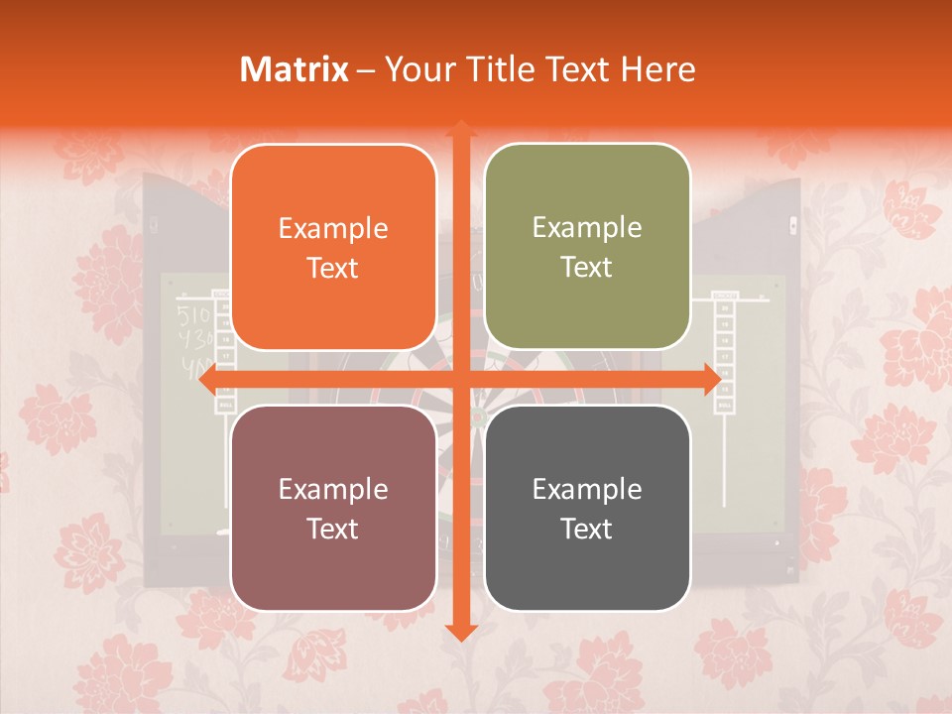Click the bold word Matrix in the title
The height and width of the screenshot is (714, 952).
click(x=295, y=69)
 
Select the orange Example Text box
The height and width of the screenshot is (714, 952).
click(x=333, y=247)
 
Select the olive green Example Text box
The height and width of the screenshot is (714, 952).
click(x=587, y=247)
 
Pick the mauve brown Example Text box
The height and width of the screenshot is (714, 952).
click(x=333, y=508)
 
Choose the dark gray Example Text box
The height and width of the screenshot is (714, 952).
click(x=587, y=508)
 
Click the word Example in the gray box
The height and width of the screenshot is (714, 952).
click(x=587, y=489)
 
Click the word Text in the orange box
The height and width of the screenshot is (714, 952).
click(x=333, y=268)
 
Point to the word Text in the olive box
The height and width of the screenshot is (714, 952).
click(x=587, y=268)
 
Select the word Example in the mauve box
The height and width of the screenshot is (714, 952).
click(x=333, y=489)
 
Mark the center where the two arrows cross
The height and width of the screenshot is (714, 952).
click(x=460, y=379)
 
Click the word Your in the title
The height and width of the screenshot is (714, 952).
click(x=415, y=69)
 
